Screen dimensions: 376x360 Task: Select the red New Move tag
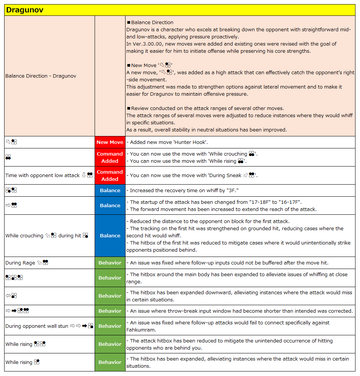click(110, 142)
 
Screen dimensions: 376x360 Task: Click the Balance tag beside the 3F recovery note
click(110, 190)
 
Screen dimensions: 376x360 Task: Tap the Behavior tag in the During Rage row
click(110, 263)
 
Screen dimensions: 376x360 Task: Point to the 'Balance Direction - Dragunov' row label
click(41, 76)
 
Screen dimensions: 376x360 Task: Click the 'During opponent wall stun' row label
click(37, 326)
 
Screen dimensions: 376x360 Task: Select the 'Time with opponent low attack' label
click(43, 175)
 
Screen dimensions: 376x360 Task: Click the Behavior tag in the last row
click(110, 362)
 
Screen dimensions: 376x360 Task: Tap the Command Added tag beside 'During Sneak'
click(110, 175)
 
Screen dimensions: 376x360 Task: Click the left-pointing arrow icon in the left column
click(8, 296)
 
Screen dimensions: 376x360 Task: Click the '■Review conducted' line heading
click(154, 108)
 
